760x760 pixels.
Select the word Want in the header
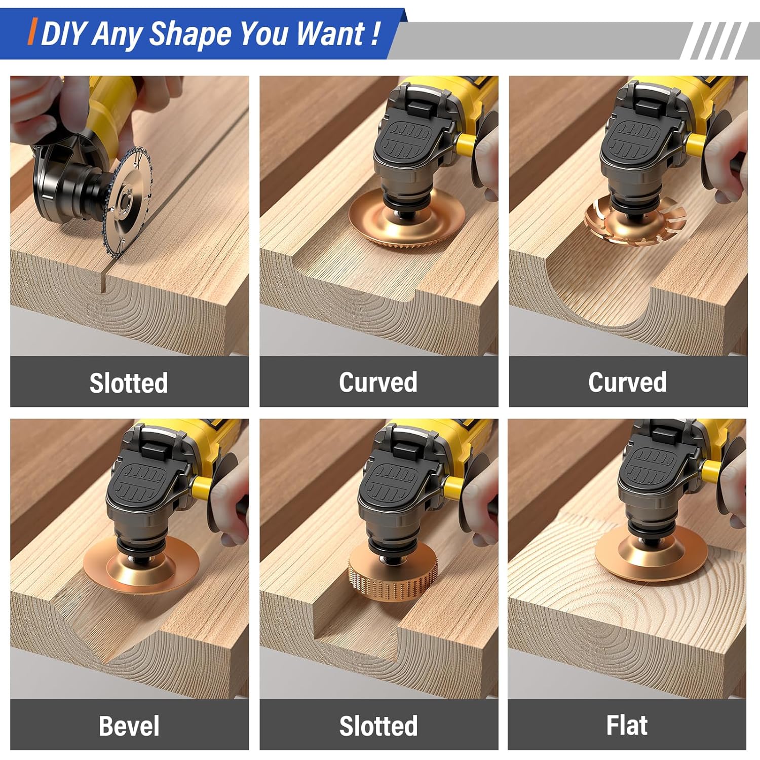[x=330, y=34]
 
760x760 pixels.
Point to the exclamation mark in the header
[x=375, y=34]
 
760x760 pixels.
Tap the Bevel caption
[x=129, y=726]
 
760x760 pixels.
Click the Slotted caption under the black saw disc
[x=129, y=383]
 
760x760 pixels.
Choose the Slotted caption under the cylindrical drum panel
[x=378, y=726]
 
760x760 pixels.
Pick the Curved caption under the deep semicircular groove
[x=627, y=382]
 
